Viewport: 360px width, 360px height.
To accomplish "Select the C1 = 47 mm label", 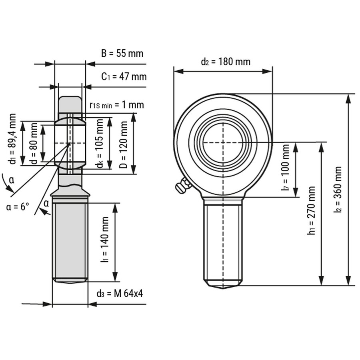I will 124,76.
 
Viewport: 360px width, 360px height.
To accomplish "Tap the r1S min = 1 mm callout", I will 116,105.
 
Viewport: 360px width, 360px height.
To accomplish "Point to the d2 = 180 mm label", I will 226,62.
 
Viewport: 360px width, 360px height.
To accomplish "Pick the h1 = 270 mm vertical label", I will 312,210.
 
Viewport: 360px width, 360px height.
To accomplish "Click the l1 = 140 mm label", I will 105,240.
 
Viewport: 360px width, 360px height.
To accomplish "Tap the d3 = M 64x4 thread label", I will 120,294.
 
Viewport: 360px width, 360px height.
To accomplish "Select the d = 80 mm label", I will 34,143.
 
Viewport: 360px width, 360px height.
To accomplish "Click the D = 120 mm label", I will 124,144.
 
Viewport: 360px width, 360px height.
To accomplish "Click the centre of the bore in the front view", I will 223,142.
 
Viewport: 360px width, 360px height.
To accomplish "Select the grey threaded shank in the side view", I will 70,240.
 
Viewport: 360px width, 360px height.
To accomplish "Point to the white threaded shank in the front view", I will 223,240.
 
